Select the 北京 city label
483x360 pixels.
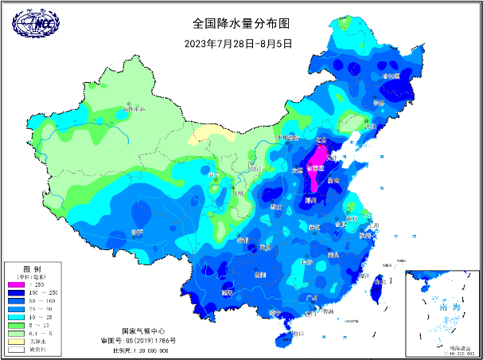[x=322, y=139]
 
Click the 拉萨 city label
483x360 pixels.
[x=137, y=232]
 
